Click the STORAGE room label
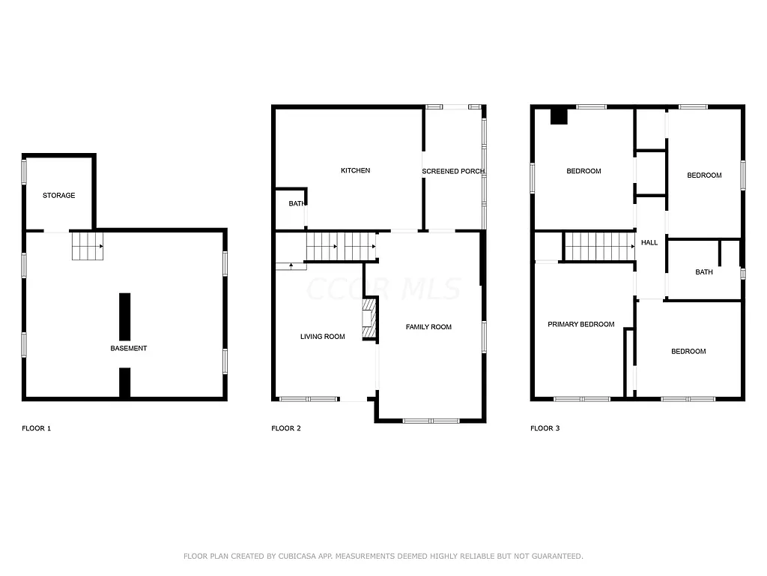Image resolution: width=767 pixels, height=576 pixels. tap(58, 196)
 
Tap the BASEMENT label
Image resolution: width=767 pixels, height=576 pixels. tap(129, 348)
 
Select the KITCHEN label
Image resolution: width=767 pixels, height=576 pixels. tap(355, 171)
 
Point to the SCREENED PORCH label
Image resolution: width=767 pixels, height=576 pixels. tap(453, 172)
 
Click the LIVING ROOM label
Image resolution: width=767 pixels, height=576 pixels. tap(323, 337)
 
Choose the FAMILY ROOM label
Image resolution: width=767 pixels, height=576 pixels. tap(428, 327)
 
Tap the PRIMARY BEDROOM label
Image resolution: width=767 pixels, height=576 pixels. tap(581, 325)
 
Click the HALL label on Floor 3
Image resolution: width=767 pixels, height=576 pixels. tap(649, 243)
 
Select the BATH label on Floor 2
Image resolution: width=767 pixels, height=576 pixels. tap(296, 203)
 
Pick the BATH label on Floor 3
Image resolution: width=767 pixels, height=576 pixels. tap(704, 272)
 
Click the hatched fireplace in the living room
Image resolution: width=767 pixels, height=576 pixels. tap(369, 319)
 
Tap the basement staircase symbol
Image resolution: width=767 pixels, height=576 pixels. tap(86, 246)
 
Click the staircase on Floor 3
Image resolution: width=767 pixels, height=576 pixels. tap(599, 245)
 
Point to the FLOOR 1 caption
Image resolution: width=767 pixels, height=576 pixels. tap(36, 429)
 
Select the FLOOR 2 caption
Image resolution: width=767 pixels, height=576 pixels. tap(286, 429)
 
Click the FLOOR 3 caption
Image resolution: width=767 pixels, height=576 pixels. tap(545, 429)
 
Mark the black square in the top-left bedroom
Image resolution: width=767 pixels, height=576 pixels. tap(559, 116)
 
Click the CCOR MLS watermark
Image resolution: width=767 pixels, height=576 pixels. tap(383, 288)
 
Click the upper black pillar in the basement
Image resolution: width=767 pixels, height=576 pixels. tap(125, 316)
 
